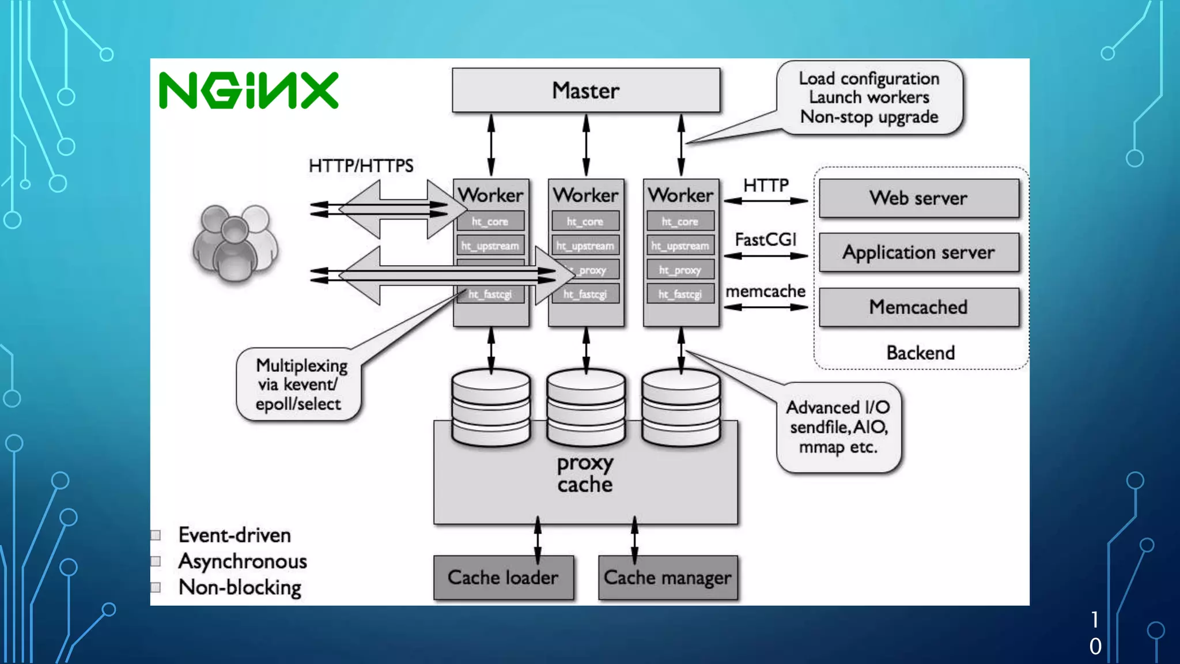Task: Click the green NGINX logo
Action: (248, 90)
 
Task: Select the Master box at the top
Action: (585, 90)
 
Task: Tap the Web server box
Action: (918, 198)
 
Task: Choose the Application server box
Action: (918, 252)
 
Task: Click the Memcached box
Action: (918, 307)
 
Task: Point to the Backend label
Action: (920, 353)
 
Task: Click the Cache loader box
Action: (503, 578)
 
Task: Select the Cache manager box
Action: (667, 578)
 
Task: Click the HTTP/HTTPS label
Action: (361, 166)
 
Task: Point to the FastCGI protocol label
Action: (765, 239)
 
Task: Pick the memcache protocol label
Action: (765, 292)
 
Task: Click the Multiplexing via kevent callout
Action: (300, 384)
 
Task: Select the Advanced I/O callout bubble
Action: (838, 427)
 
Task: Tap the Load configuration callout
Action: (869, 97)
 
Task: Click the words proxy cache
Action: (585, 474)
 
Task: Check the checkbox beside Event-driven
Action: (156, 535)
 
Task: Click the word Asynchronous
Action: (243, 561)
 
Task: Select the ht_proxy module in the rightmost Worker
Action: (680, 270)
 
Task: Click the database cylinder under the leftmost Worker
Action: (491, 407)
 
